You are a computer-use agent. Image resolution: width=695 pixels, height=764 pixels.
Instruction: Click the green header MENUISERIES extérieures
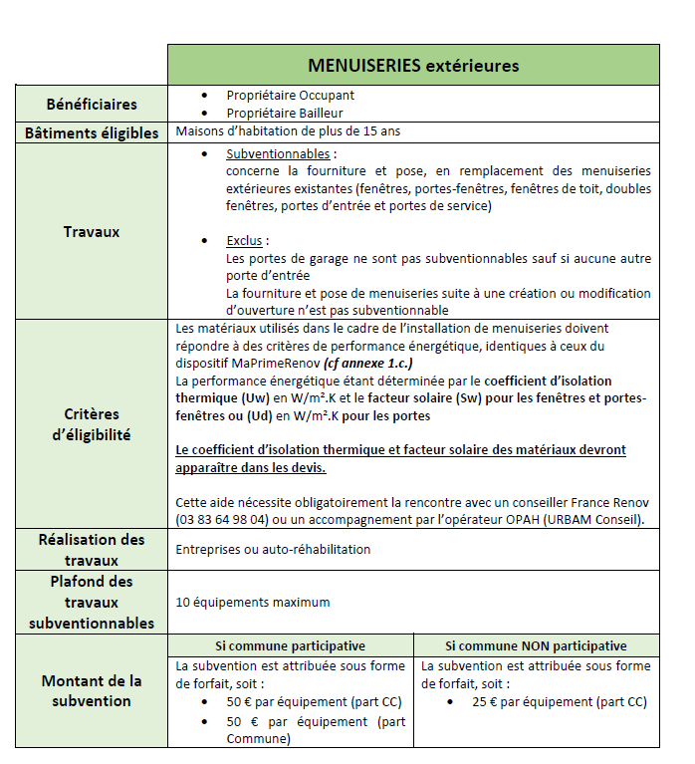(x=413, y=66)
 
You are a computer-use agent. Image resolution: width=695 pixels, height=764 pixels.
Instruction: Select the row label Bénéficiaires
(x=92, y=104)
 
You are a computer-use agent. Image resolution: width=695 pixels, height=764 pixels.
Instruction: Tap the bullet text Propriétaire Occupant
(x=290, y=96)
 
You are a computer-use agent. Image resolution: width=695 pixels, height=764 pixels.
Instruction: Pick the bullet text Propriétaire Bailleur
(x=285, y=114)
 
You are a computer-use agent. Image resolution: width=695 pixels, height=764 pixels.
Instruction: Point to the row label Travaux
(x=92, y=232)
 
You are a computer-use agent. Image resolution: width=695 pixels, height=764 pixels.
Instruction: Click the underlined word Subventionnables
(x=280, y=155)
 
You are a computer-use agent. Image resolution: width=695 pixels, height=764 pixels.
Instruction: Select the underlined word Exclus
(x=247, y=241)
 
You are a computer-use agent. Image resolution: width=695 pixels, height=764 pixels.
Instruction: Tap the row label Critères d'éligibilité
(x=92, y=423)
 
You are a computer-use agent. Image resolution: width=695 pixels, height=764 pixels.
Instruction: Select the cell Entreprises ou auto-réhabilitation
(x=273, y=549)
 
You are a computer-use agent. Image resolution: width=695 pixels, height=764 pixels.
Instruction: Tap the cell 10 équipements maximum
(x=252, y=602)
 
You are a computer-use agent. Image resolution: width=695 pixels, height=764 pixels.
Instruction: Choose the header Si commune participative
(x=291, y=645)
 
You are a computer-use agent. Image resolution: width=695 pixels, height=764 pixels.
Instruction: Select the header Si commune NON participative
(x=536, y=645)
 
